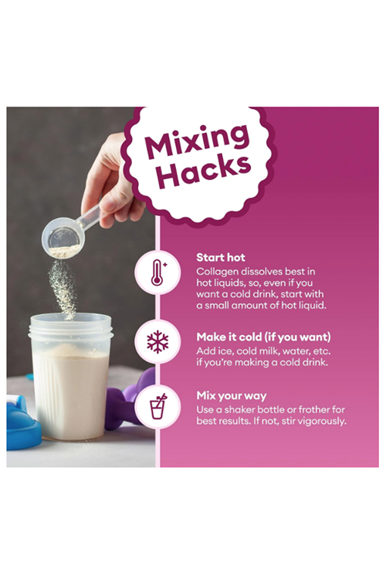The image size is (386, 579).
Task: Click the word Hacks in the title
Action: tap(204, 171)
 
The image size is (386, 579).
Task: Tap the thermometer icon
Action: tap(157, 273)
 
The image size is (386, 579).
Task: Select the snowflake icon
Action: tap(157, 341)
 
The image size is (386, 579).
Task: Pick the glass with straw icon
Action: tap(158, 406)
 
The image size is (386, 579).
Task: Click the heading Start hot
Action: tap(221, 257)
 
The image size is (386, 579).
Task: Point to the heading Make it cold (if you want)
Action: tap(263, 337)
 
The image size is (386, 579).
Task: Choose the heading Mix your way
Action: tap(232, 395)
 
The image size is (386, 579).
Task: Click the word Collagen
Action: tap(217, 272)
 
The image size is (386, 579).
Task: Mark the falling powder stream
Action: tap(63, 288)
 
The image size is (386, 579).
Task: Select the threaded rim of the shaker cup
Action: tap(70, 330)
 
